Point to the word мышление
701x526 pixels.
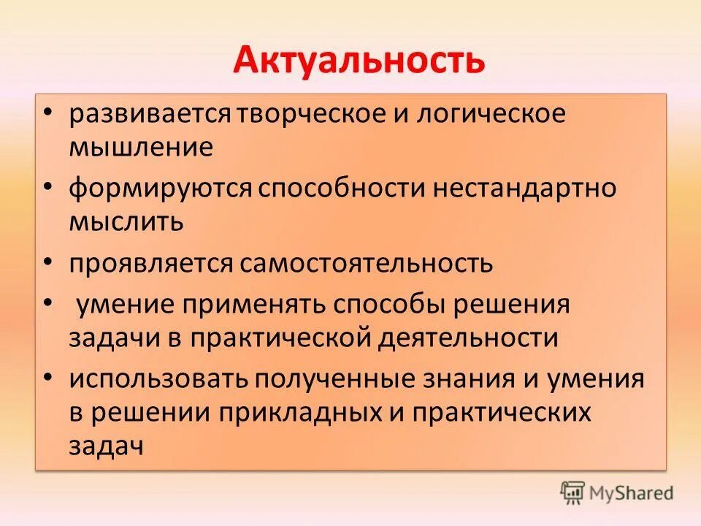[141, 148]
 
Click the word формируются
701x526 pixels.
[161, 189]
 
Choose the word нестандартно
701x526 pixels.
[524, 189]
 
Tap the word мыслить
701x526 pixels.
[126, 221]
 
